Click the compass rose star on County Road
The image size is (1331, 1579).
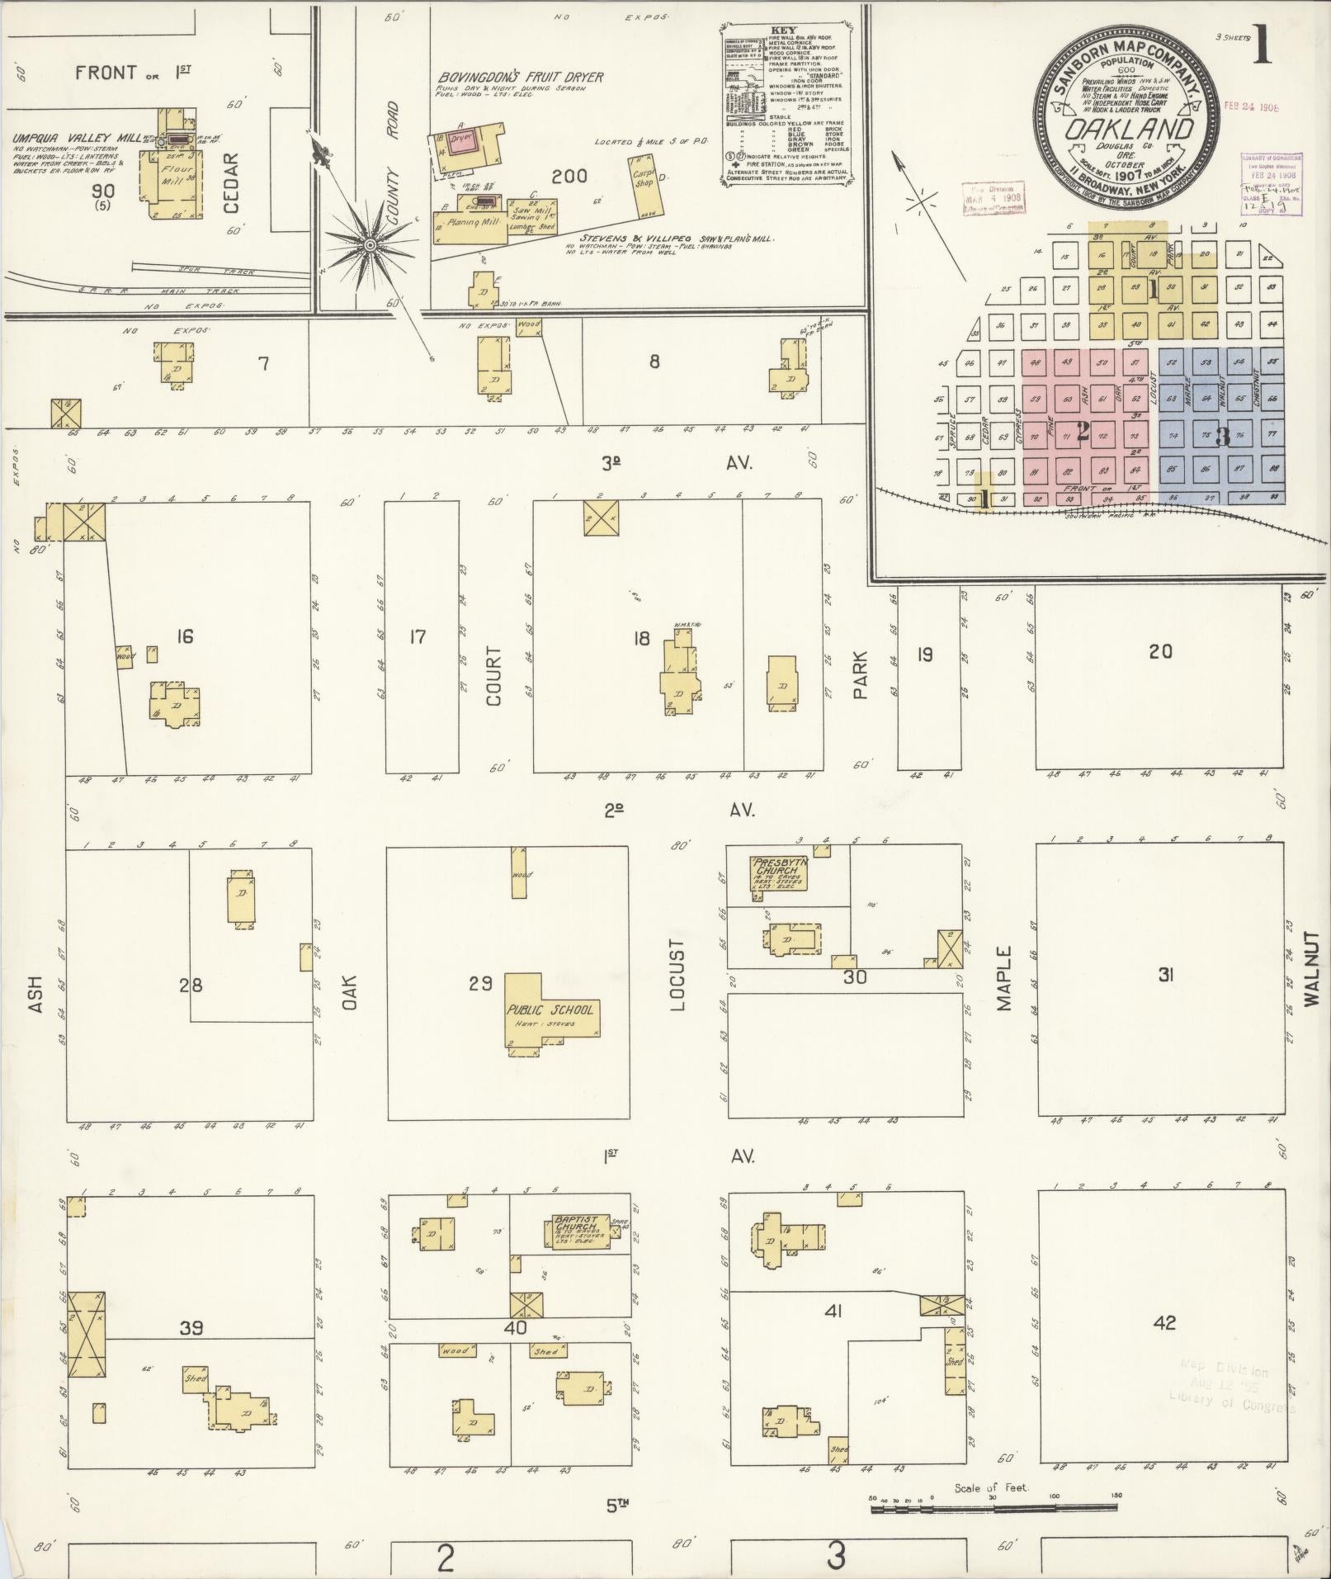point(371,245)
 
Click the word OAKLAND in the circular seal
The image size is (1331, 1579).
point(1128,130)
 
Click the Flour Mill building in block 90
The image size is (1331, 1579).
point(176,182)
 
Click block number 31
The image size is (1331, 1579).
point(1166,975)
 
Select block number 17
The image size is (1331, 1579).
point(418,636)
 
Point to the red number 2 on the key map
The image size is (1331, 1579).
point(1081,431)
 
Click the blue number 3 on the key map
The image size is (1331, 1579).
point(1222,437)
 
